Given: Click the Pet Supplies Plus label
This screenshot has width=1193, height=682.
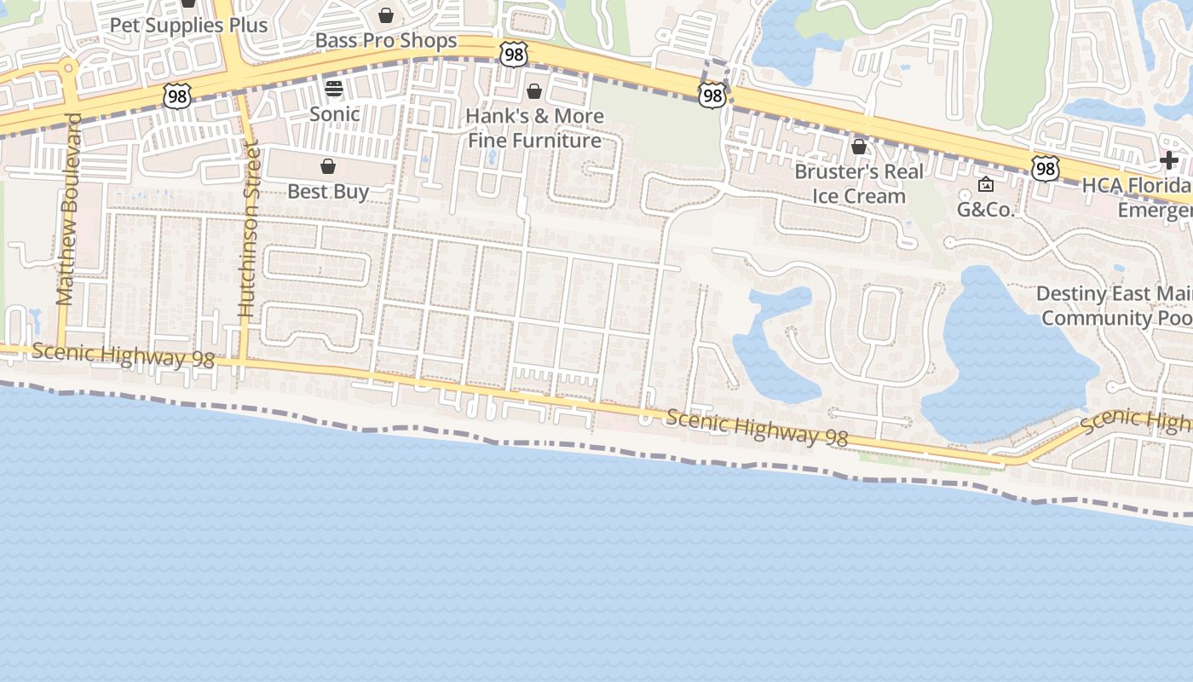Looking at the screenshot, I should tap(188, 26).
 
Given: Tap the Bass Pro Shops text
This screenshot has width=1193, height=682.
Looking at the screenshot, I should tap(386, 40).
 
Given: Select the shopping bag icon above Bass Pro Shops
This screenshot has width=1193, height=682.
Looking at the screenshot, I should tap(386, 15).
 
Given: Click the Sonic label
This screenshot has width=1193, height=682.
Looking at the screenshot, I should tap(334, 113).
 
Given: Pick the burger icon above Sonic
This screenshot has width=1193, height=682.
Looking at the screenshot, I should tap(333, 89).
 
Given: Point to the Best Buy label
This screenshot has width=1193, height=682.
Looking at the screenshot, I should tap(328, 191).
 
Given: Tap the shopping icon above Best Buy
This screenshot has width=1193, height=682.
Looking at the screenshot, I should tap(328, 166).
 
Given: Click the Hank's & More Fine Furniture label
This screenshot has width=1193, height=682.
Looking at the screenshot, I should tap(534, 128).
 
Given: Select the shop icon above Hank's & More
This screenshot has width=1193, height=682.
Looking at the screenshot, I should tap(534, 91).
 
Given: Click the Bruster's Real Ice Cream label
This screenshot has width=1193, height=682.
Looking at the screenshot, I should tap(859, 183).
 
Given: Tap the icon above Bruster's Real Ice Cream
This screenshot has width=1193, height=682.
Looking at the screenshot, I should tap(859, 147).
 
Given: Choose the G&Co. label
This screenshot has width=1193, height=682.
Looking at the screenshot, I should tap(986, 209).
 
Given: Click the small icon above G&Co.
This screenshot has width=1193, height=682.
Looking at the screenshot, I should tap(986, 184).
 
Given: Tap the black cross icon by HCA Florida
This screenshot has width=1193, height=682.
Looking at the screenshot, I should tap(1169, 160).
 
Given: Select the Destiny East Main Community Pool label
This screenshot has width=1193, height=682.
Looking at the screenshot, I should tap(1115, 306).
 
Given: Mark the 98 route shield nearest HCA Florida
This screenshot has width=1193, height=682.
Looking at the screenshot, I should tap(1045, 168).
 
